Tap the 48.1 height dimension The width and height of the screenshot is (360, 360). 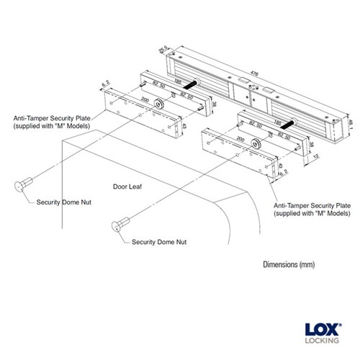click(x=351, y=125)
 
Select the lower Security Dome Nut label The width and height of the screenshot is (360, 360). click(x=159, y=242)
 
